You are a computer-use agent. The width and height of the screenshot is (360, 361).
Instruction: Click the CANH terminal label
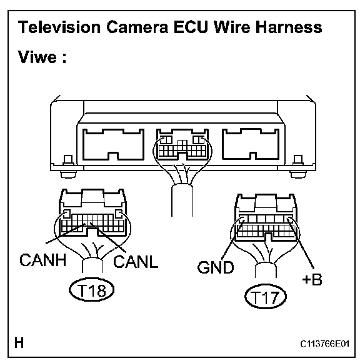(43, 260)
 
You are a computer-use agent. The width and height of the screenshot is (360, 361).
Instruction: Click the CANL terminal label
(136, 262)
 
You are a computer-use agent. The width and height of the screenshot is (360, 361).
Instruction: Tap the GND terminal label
(216, 267)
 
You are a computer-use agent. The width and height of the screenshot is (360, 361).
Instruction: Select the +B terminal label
(312, 280)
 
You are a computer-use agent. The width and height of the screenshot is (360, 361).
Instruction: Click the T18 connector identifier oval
(92, 290)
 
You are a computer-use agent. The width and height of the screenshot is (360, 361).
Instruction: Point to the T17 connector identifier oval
(266, 297)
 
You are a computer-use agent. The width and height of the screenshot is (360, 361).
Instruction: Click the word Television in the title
(59, 27)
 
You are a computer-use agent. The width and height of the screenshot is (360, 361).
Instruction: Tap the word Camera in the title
(137, 27)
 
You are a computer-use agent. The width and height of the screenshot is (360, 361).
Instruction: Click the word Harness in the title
(289, 27)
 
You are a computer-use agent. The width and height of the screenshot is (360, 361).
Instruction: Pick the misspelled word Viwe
(37, 57)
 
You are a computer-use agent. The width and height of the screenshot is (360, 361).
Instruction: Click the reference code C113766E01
(325, 344)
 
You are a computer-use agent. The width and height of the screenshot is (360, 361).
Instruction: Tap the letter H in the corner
(19, 343)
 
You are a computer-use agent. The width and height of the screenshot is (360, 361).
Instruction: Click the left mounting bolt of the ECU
(68, 167)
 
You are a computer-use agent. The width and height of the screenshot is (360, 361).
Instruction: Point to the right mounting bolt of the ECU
(298, 167)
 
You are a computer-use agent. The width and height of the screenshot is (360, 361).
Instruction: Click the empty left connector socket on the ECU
(113, 144)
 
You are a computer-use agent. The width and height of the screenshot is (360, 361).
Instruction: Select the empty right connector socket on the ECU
(251, 144)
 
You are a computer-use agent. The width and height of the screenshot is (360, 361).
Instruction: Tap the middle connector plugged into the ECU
(182, 144)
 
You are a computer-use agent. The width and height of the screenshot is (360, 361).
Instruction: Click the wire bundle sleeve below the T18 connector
(92, 265)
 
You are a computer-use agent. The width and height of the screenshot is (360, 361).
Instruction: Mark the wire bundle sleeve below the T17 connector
(266, 270)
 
